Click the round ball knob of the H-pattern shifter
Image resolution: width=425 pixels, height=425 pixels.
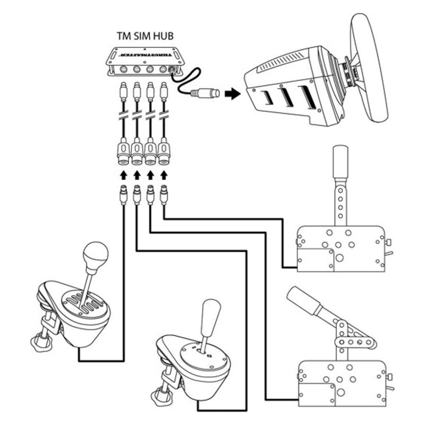[95, 254]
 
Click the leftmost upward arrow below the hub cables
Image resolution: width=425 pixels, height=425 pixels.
[123, 176]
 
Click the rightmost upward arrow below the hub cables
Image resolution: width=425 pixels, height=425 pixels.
[164, 176]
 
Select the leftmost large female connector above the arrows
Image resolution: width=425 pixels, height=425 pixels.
[123, 153]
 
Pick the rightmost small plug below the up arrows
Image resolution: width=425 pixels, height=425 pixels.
[164, 195]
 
